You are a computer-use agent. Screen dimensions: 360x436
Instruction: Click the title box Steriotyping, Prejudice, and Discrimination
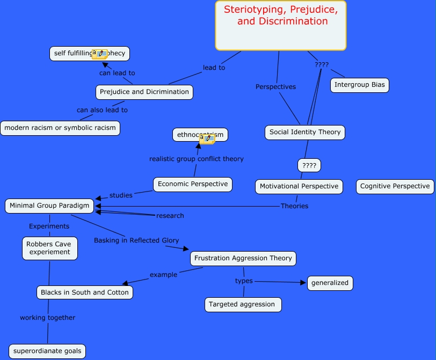281,25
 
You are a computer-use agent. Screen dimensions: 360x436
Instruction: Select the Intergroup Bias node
359,85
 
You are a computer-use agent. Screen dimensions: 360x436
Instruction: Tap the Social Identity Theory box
304,132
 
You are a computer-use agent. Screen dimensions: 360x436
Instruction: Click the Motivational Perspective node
299,186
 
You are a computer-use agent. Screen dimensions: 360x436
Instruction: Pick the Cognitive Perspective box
395,186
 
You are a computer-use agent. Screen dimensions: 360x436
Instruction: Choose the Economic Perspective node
192,184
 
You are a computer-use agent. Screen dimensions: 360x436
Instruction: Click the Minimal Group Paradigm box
49,205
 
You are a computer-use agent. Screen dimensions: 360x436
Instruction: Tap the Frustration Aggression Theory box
243,258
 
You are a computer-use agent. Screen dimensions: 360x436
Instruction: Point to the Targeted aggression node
243,304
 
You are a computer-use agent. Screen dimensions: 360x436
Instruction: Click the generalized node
330,283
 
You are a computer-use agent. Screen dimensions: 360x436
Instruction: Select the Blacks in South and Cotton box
84,292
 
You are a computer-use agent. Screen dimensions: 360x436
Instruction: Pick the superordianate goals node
47,351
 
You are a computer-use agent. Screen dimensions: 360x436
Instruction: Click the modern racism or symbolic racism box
60,128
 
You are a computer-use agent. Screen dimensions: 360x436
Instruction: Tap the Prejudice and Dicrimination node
144,92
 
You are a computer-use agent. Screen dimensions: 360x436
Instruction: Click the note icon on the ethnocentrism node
207,139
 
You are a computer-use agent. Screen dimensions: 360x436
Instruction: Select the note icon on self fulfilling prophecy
99,54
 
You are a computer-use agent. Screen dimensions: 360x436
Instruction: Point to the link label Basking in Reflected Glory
136,240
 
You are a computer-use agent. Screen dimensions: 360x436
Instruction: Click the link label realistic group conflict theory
196,159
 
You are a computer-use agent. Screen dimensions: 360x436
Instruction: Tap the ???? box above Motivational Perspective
309,165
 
